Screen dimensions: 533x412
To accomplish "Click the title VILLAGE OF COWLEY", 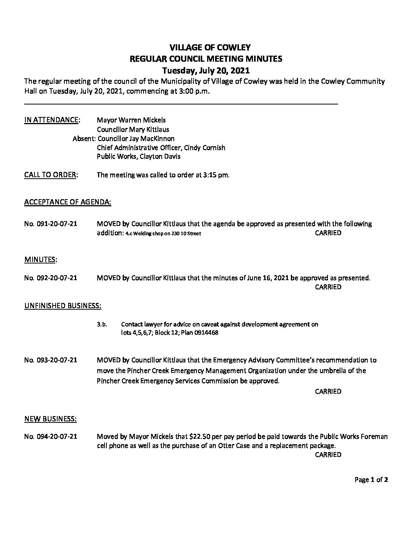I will pyautogui.click(x=206, y=47).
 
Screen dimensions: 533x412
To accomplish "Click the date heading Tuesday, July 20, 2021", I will pyautogui.click(x=206, y=70).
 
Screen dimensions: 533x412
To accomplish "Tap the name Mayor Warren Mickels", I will pyautogui.click(x=131, y=120).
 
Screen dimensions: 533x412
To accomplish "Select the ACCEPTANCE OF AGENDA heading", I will pyautogui.click(x=68, y=203).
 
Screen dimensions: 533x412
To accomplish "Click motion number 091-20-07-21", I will pyautogui.click(x=50, y=224).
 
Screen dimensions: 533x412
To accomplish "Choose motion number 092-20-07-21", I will pyautogui.click(x=50, y=278).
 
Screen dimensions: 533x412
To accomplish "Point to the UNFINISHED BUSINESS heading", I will pyautogui.click(x=63, y=305).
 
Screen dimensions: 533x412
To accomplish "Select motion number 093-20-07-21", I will pyautogui.click(x=50, y=360).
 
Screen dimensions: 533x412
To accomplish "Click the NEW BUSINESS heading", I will pyautogui.click(x=50, y=419).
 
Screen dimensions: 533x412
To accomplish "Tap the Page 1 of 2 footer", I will pyautogui.click(x=371, y=480).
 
